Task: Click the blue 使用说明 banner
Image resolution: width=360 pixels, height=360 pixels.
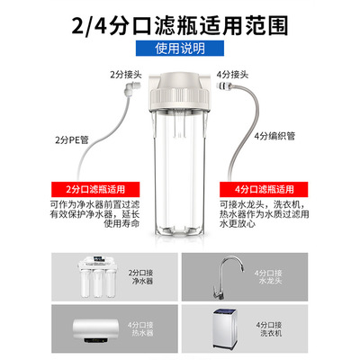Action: click(x=180, y=49)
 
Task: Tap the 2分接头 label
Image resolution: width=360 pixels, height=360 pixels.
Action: click(x=126, y=75)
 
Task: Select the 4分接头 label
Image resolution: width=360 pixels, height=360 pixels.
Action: click(x=232, y=75)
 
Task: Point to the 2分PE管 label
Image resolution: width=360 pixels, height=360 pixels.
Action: click(x=72, y=139)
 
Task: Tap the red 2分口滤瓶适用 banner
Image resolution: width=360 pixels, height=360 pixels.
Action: click(x=95, y=189)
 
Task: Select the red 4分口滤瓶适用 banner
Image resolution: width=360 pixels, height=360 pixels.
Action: click(x=264, y=189)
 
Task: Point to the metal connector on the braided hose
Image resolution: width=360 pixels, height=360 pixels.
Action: click(x=223, y=85)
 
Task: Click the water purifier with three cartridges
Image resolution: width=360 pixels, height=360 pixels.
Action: click(x=97, y=276)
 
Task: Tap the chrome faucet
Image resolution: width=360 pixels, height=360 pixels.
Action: click(x=228, y=277)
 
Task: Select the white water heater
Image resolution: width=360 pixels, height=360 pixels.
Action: click(x=95, y=332)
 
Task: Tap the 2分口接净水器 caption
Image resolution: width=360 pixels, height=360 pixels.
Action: click(x=141, y=277)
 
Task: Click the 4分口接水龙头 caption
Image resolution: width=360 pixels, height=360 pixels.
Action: click(x=268, y=277)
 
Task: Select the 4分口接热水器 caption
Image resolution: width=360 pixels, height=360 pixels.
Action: click(x=140, y=328)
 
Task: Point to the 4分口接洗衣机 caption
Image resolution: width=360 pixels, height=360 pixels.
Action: click(x=269, y=328)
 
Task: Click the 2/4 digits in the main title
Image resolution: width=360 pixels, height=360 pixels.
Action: click(x=89, y=26)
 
